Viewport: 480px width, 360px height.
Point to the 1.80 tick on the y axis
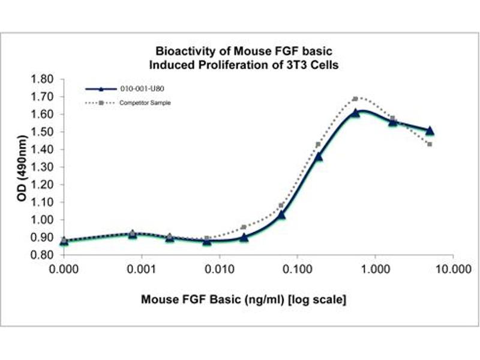[x=41, y=79]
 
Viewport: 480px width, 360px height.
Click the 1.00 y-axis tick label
[x=41, y=220]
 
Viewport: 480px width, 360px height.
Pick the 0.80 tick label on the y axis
[x=41, y=255]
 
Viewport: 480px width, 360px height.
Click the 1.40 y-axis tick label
[x=41, y=149]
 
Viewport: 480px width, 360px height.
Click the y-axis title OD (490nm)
[x=22, y=167]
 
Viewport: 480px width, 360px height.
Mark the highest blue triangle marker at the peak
[x=356, y=113]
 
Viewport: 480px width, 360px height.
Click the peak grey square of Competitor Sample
[x=355, y=98]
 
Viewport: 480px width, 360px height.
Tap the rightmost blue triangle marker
[x=430, y=130]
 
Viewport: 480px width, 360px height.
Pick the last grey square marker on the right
[x=430, y=144]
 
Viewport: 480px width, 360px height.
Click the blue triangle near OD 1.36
[x=319, y=157]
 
